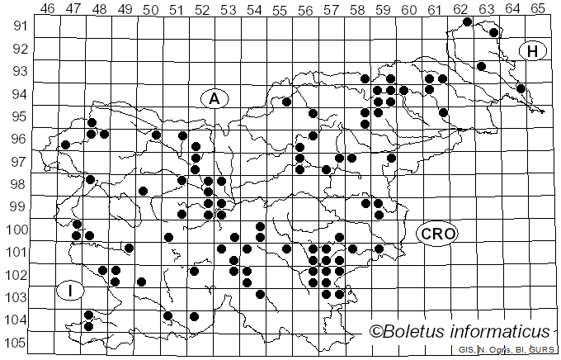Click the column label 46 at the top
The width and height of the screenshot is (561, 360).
click(47, 8)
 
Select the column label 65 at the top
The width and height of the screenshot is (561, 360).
click(537, 8)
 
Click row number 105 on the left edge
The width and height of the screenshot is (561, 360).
click(16, 343)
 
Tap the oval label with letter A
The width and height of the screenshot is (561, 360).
click(214, 98)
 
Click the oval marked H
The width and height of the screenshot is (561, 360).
click(533, 51)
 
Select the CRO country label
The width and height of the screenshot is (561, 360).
click(436, 234)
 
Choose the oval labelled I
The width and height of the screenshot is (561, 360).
click(71, 290)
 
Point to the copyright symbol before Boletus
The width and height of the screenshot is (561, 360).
click(375, 332)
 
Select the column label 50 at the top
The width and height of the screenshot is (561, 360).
click(150, 8)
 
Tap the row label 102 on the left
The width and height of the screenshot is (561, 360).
click(16, 274)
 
